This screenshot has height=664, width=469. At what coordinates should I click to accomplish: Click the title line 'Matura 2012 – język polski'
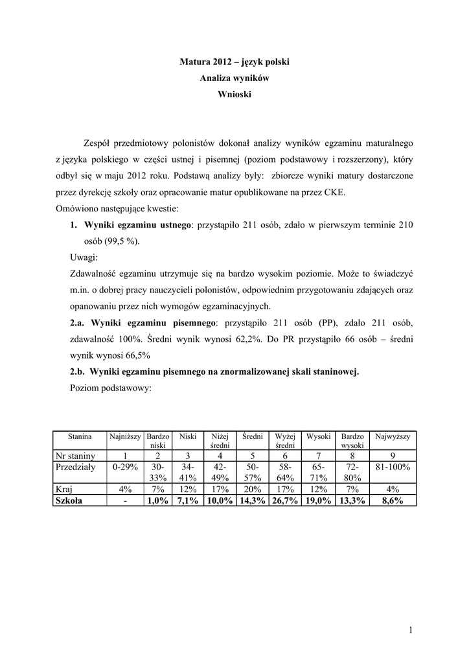(234, 62)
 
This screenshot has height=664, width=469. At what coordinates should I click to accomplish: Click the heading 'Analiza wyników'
(234, 78)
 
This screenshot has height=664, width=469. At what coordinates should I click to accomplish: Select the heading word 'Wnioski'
(234, 94)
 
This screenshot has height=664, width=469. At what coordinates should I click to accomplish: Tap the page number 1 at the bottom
(411, 630)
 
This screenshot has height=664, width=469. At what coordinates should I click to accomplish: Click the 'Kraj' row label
(64, 490)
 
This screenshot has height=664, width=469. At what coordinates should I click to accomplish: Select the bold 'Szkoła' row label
(69, 501)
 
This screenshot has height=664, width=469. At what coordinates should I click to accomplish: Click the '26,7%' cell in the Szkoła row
(284, 501)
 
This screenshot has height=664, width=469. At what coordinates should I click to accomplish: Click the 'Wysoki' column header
(319, 437)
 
